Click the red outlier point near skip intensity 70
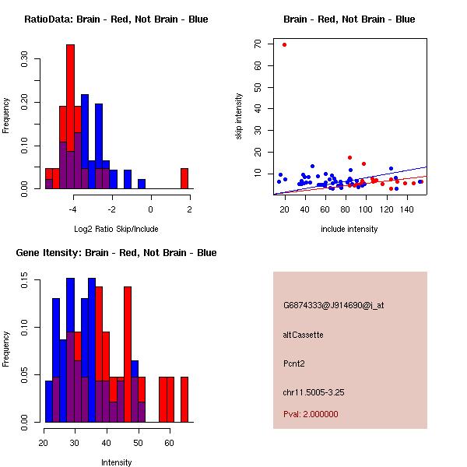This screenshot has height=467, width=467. pyautogui.click(x=285, y=44)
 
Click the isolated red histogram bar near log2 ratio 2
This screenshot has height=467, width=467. pyautogui.click(x=184, y=178)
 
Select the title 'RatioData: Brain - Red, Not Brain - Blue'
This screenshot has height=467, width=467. pyautogui.click(x=116, y=19)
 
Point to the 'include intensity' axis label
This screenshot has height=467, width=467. pyautogui.click(x=349, y=229)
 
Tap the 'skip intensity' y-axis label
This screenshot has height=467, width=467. pyautogui.click(x=240, y=116)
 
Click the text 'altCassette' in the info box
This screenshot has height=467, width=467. pyautogui.click(x=303, y=335)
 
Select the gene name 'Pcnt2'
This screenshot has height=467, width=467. pyautogui.click(x=295, y=363)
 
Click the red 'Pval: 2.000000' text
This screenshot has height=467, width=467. pyautogui.click(x=311, y=414)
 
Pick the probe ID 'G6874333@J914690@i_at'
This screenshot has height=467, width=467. pyautogui.click(x=333, y=305)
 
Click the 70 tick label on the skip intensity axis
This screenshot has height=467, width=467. pyautogui.click(x=257, y=44)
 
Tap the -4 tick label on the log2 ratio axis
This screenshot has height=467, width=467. pyautogui.click(x=73, y=209)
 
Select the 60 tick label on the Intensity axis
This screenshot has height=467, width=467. pyautogui.click(x=169, y=443)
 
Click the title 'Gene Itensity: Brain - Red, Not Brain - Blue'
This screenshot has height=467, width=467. pyautogui.click(x=116, y=253)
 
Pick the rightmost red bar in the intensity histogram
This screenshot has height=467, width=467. pyautogui.click(x=184, y=399)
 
